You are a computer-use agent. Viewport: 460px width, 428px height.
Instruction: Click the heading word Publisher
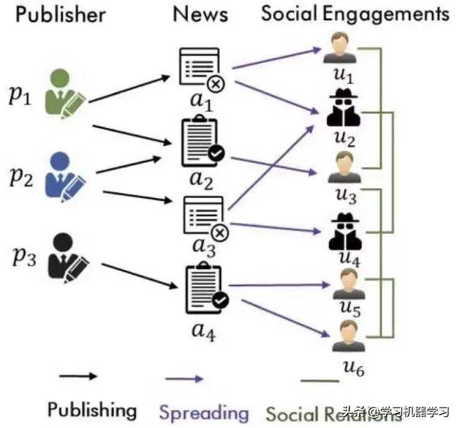point(61,14)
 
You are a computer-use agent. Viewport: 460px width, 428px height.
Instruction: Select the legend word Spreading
point(204,411)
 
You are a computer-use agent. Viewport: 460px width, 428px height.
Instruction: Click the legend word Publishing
point(92,409)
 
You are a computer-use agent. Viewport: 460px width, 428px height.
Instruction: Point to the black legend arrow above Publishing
point(78,376)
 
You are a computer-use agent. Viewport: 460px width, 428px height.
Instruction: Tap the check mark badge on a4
point(220,301)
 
